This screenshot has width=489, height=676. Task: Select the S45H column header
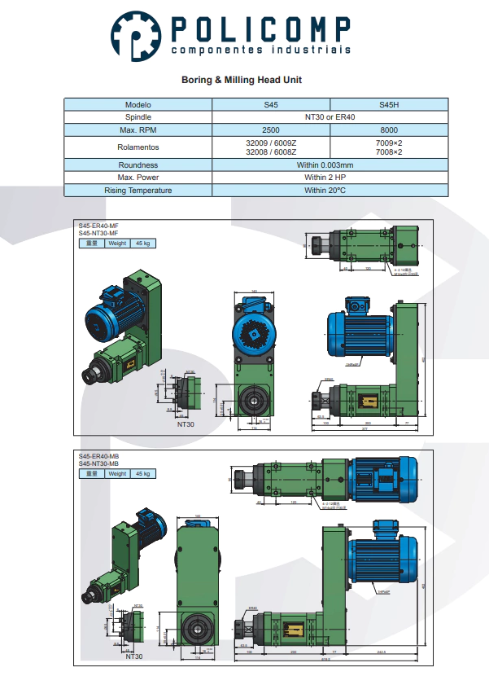click(x=389, y=105)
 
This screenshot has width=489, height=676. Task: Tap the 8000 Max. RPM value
click(x=389, y=129)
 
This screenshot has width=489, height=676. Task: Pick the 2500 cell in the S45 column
click(x=271, y=129)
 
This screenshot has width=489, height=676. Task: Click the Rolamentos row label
click(x=138, y=147)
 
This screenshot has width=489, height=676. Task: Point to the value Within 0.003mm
click(x=330, y=165)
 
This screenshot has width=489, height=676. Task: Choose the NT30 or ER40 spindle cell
click(x=330, y=117)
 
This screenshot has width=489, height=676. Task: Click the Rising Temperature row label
click(x=138, y=190)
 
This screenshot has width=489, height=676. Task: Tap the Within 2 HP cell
click(x=330, y=178)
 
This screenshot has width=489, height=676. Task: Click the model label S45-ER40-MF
click(x=98, y=226)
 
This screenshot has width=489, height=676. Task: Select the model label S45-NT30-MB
click(x=98, y=463)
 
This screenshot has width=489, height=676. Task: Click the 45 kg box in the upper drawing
click(x=144, y=243)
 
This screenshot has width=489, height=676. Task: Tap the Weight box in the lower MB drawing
click(x=117, y=473)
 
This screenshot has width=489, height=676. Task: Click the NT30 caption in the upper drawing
click(x=186, y=424)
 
